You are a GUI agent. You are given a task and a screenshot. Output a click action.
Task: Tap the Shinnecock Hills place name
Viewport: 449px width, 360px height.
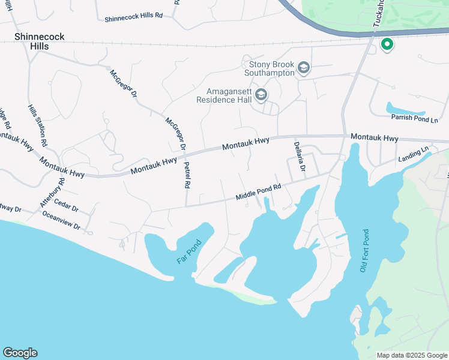[40, 42]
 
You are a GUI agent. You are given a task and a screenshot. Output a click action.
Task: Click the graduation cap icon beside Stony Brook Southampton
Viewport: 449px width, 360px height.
[304, 67]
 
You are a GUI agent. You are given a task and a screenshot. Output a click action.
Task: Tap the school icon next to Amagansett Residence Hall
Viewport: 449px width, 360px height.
[261, 95]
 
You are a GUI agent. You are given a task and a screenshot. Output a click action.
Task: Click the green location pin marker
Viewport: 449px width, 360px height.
[387, 44]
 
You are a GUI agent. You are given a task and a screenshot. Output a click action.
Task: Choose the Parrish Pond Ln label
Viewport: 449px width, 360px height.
[410, 118]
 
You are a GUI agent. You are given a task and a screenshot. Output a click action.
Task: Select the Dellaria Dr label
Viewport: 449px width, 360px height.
[298, 157]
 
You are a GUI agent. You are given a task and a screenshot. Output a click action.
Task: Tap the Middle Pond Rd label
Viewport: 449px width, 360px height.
[259, 192]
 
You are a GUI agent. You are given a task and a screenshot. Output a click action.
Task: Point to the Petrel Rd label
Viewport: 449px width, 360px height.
[187, 175]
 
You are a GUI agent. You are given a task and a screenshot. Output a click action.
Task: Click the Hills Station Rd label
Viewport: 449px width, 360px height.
[38, 125]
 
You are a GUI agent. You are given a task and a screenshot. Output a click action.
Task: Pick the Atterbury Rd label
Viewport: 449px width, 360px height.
[52, 192]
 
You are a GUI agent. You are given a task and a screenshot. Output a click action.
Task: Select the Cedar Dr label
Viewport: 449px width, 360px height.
[67, 208]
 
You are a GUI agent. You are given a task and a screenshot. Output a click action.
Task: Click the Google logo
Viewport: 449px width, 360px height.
[20, 353]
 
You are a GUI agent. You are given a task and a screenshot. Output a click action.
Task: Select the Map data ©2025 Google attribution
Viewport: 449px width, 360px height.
[412, 355]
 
